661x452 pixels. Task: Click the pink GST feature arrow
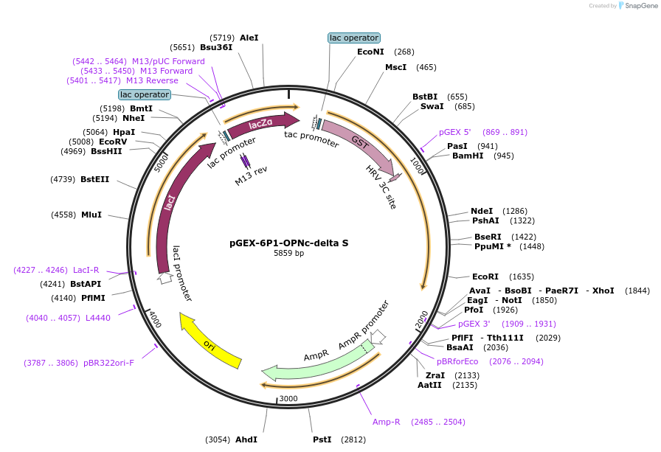[359, 144]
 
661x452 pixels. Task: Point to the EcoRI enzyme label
[485, 277]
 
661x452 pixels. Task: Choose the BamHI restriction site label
[467, 156]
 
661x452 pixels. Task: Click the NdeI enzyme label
[482, 211]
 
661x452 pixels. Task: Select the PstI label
[322, 439]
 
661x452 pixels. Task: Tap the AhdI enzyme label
[246, 439]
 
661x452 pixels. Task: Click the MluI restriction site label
[91, 215]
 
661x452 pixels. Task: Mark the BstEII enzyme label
[94, 179]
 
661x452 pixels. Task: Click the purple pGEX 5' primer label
[454, 133]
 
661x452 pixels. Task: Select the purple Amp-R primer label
[386, 422]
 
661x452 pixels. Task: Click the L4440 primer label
[97, 318]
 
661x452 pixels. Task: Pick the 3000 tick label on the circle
[288, 399]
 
